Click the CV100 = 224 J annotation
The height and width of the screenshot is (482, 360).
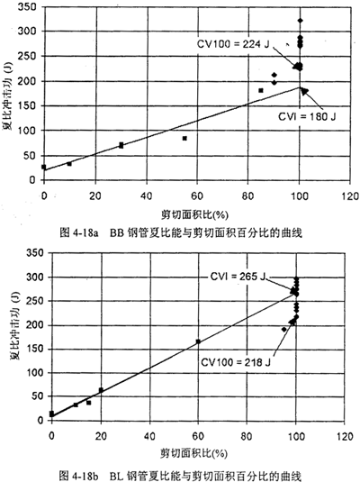coord(233,44)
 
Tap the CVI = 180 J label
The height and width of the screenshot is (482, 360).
coord(307,116)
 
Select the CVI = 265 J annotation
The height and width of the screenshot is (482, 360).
coord(238,277)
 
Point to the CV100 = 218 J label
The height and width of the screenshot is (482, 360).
coord(236,362)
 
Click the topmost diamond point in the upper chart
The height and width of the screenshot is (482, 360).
coord(300,21)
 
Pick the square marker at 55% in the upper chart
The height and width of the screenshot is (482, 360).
coord(184,139)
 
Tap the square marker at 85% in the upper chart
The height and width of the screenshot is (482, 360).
coord(261,90)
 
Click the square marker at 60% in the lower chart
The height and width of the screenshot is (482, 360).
coord(198,341)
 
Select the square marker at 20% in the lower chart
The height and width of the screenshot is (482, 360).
coord(101,390)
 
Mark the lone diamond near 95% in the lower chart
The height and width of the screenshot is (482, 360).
coord(284,330)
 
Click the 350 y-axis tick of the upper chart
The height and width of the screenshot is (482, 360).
coord(27,7)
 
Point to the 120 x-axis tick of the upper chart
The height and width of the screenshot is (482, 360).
coord(349,196)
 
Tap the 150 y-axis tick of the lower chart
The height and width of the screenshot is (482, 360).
coord(35,349)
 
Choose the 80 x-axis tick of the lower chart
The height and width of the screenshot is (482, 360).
coord(247,436)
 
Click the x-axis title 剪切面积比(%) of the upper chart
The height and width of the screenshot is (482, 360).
coord(194,214)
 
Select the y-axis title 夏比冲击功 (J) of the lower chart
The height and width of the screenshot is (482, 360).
coord(15,325)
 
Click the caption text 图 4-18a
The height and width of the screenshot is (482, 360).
coord(79,232)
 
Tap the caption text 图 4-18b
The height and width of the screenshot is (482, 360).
coord(78,476)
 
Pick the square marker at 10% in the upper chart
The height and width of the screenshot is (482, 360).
coord(69,164)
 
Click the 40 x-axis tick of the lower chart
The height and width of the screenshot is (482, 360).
coord(149,436)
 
